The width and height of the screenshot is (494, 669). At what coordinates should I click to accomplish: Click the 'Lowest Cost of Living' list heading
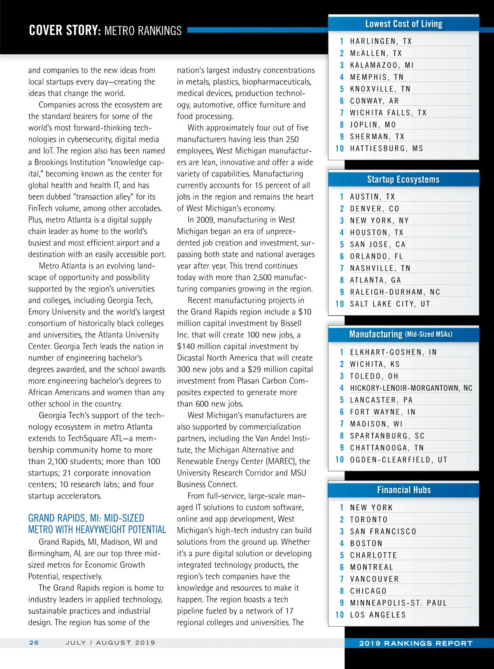pyautogui.click(x=403, y=24)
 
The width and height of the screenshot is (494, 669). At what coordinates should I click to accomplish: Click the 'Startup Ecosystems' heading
pyautogui.click(x=403, y=179)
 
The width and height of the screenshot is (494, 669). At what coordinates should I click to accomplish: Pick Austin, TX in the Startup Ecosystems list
pyautogui.click(x=372, y=197)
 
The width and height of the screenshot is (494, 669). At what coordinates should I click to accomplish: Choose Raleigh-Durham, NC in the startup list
pyautogui.click(x=395, y=292)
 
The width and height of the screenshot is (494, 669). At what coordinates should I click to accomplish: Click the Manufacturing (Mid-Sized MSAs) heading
pyautogui.click(x=401, y=334)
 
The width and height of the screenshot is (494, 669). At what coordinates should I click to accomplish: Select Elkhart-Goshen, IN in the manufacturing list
pyautogui.click(x=393, y=352)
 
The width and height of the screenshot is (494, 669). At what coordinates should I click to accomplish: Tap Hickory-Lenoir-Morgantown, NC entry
pyautogui.click(x=411, y=388)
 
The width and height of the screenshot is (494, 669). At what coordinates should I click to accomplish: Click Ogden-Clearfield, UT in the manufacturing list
pyautogui.click(x=398, y=459)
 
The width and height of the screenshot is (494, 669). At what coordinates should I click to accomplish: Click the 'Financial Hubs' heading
pyautogui.click(x=404, y=490)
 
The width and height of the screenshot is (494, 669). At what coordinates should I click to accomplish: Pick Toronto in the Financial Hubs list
pyautogui.click(x=368, y=520)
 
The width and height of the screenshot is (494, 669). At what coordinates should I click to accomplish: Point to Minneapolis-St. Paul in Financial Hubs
pyautogui.click(x=398, y=603)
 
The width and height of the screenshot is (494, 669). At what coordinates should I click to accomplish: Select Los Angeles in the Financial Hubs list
pyautogui.click(x=377, y=615)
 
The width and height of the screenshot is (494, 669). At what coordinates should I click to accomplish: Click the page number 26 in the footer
pyautogui.click(x=34, y=643)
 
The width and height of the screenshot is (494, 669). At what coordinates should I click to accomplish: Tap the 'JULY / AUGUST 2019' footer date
pyautogui.click(x=110, y=643)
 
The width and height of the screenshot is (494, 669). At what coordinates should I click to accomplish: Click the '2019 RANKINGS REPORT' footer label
pyautogui.click(x=416, y=643)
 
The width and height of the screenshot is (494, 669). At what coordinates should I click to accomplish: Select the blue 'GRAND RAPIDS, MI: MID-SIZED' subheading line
pyautogui.click(x=86, y=518)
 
